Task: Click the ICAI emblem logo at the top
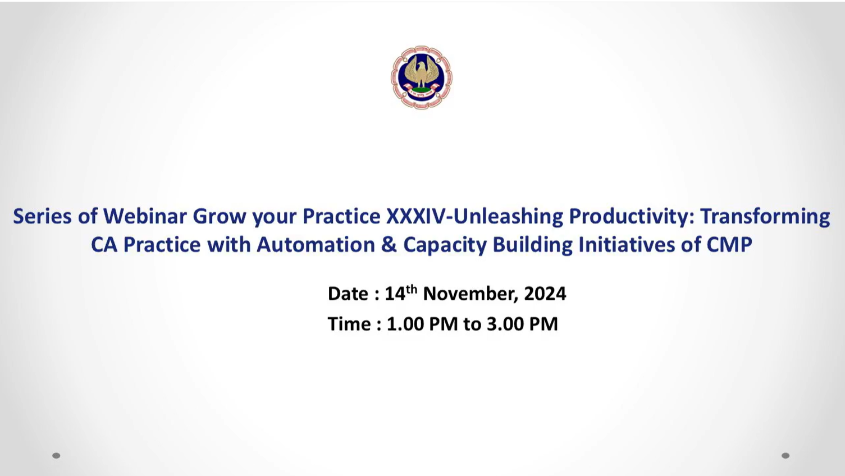click(x=421, y=77)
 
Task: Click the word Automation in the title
click(x=316, y=245)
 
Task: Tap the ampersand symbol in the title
click(x=389, y=245)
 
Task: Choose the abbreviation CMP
click(x=729, y=245)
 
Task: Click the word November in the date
click(x=471, y=294)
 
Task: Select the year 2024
click(x=545, y=294)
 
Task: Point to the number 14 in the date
click(x=395, y=294)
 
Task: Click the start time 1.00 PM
click(x=422, y=324)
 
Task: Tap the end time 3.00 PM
click(x=522, y=324)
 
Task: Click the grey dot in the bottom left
click(x=56, y=456)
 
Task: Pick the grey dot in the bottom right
click(x=785, y=456)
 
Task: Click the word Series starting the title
click(x=42, y=217)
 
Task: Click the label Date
click(x=348, y=294)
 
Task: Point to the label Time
click(x=349, y=324)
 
